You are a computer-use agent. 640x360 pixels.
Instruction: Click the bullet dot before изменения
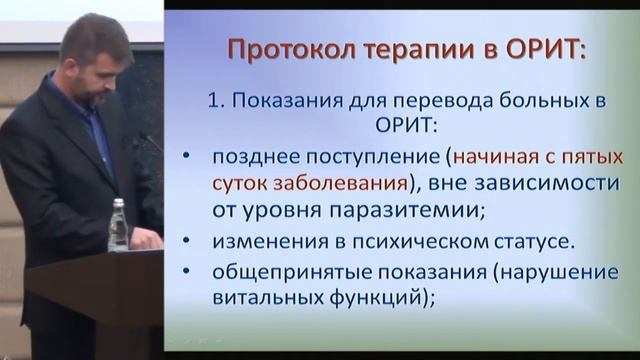(189, 243)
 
